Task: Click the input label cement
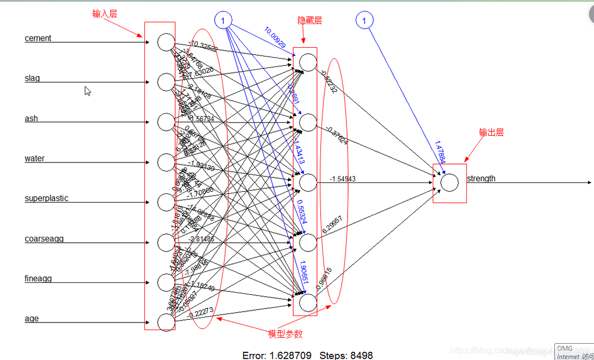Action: [x=38, y=38]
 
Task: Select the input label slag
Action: [x=32, y=78]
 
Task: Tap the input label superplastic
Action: [x=46, y=198]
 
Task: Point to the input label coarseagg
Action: [x=44, y=238]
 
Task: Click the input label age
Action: [x=31, y=319]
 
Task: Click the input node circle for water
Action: [x=166, y=162]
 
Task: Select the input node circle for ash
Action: [x=166, y=122]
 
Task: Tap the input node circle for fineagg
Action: [x=166, y=282]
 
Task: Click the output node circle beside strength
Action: [x=449, y=182]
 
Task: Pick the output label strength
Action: [x=481, y=179]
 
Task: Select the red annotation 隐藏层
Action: [x=309, y=21]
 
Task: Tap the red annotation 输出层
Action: [x=491, y=132]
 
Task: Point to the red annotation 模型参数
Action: [x=286, y=334]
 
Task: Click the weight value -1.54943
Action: [x=343, y=179]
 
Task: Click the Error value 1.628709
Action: [x=290, y=356]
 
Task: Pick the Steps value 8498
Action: [x=361, y=356]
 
